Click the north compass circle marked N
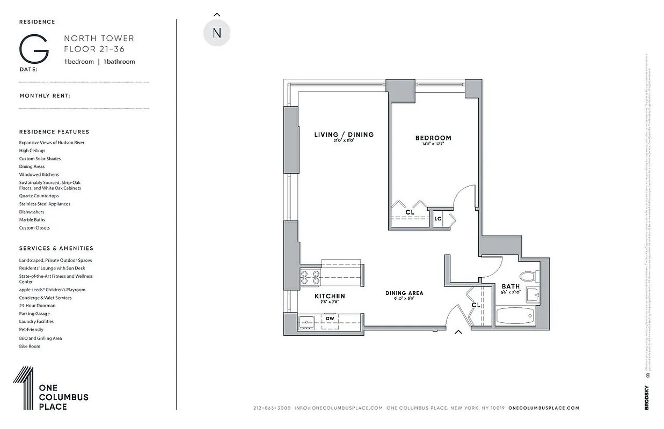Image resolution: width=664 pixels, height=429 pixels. pos(217,33)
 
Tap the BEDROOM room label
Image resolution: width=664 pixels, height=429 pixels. pos(433,138)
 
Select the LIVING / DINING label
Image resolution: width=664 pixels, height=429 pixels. pos(344,135)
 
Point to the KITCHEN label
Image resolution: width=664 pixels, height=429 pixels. pos(330,296)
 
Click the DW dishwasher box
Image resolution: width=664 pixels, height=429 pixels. pos(330,319)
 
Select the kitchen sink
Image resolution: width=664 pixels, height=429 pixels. pos(307,322)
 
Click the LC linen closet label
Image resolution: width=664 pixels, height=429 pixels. pos(438,219)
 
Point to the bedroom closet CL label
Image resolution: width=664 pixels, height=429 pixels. pos(410,212)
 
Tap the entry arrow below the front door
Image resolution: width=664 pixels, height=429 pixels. pos(458,332)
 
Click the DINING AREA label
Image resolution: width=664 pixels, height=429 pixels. pos(404,293)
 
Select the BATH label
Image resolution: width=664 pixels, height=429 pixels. pos(510,286)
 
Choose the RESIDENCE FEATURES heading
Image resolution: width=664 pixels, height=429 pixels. pos(54,131)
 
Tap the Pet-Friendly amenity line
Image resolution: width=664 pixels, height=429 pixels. pos(31,329)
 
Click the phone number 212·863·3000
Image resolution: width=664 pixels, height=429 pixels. pos(272,408)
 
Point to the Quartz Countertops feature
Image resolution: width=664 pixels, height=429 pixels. pos(39,196)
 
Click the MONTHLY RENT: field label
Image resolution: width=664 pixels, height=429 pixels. pos(45,96)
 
